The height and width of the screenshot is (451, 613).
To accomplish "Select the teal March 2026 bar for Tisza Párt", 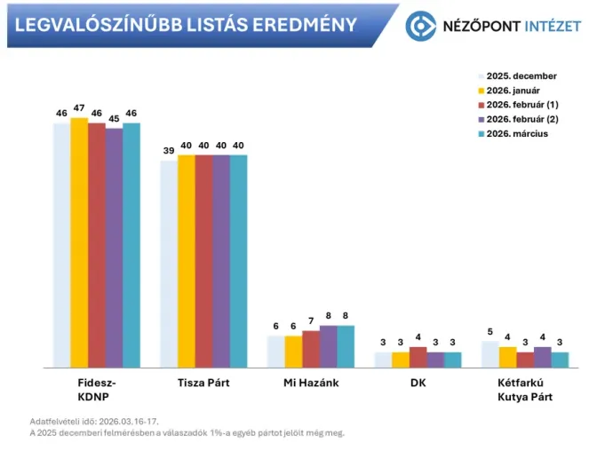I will pyautogui.click(x=238, y=261).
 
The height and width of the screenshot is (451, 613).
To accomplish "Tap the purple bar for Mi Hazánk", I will pyautogui.click(x=328, y=346).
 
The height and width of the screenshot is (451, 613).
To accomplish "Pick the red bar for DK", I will pyautogui.click(x=418, y=357).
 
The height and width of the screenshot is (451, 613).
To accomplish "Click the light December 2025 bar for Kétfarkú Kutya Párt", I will pyautogui.click(x=490, y=354).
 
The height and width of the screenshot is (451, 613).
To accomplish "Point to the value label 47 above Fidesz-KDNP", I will pyautogui.click(x=79, y=107).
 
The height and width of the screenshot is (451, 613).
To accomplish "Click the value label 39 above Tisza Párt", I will pyautogui.click(x=169, y=151).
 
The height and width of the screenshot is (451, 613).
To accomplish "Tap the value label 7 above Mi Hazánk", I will pyautogui.click(x=311, y=320).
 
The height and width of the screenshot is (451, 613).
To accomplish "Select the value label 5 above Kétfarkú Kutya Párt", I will pyautogui.click(x=490, y=331).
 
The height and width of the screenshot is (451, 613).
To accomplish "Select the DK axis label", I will pyautogui.click(x=418, y=383).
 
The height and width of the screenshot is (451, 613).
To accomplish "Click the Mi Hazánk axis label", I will pyautogui.click(x=311, y=383).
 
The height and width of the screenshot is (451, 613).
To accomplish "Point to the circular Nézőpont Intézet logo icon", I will pyautogui.click(x=420, y=26).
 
